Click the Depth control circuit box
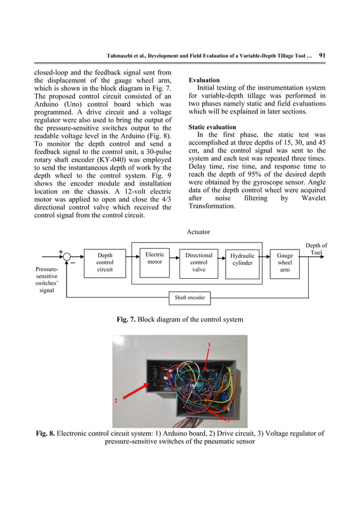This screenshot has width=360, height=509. click(x=104, y=262)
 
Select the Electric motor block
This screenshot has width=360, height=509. click(x=155, y=258)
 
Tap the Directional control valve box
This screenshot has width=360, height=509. click(x=199, y=262)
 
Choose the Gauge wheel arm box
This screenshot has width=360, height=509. click(x=285, y=262)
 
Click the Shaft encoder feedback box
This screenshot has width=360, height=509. click(x=190, y=297)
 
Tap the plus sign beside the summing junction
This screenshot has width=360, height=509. click(x=60, y=252)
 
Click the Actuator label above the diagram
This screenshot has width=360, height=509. click(x=198, y=231)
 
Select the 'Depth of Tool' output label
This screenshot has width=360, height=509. click(x=316, y=249)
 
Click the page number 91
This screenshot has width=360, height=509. click(x=324, y=55)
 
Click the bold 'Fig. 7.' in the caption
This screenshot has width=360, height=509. click(x=126, y=320)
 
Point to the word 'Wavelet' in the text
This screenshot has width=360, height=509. click(x=309, y=198)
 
